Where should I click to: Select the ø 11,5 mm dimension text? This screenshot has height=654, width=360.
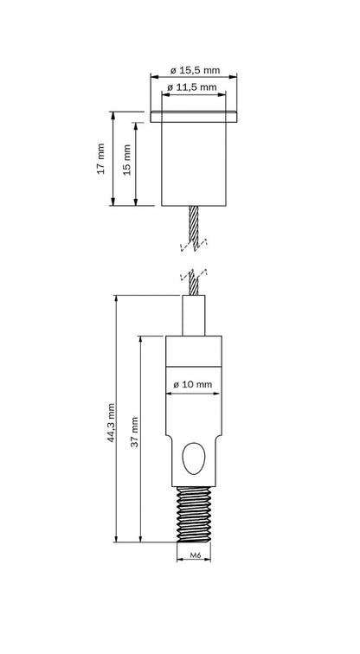click(195, 87)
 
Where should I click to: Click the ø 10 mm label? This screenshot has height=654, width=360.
click(195, 383)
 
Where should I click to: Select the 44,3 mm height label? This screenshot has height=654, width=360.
click(110, 422)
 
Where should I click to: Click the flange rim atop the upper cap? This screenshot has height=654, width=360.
click(195, 114)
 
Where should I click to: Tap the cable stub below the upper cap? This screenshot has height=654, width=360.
click(195, 227)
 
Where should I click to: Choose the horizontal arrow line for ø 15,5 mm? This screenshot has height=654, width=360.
click(195, 75)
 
